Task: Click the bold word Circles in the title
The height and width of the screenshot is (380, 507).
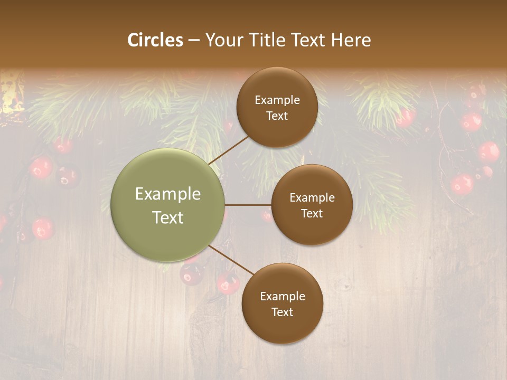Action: pos(155,40)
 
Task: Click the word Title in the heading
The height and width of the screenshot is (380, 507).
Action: pos(261,40)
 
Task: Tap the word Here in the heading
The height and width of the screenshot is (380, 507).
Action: pos(351,40)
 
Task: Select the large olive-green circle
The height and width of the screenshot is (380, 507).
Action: pos(168,205)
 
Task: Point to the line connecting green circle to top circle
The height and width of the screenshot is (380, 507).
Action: pos(229,150)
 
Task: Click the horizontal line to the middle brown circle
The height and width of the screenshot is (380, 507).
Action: pos(248,205)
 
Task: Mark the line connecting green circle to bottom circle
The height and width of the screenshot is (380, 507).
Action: pos(231,260)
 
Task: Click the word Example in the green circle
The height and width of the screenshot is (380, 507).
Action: pos(168,194)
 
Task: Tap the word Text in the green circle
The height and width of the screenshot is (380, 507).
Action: pos(168,217)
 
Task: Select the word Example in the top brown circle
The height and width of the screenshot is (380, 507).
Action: pos(277,100)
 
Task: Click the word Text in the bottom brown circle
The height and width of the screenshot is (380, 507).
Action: pos(283,312)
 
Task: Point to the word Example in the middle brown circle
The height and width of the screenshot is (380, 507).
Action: pos(312,198)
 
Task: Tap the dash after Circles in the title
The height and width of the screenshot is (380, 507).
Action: pos(194,40)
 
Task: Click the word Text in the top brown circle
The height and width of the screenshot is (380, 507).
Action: pos(277,116)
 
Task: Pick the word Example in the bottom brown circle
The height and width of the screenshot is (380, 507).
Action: pos(283,297)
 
